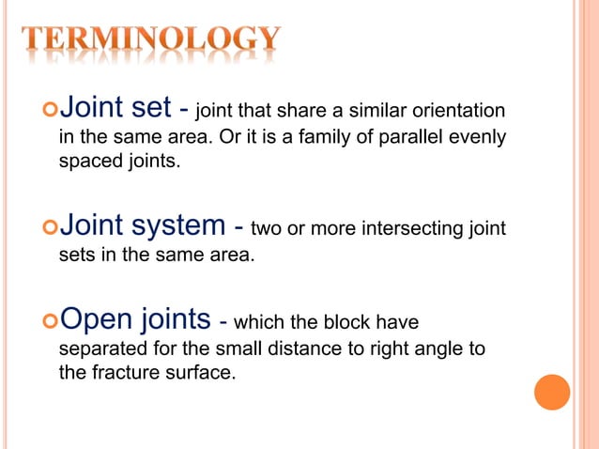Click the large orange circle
point(551,392)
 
